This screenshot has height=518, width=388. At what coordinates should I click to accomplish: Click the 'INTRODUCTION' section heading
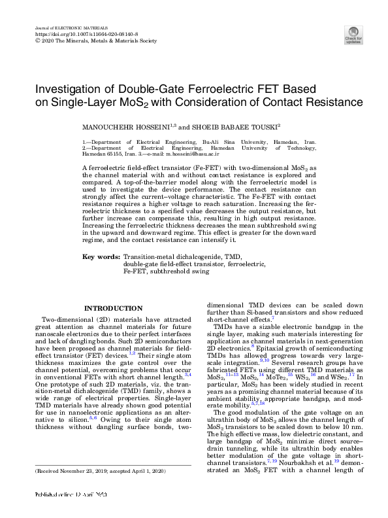(114, 308)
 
